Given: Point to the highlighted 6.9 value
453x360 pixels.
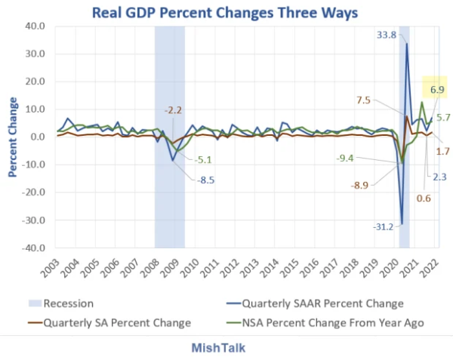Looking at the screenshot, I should click(x=436, y=91).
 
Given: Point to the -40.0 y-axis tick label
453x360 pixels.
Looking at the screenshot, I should click(x=33, y=248).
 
